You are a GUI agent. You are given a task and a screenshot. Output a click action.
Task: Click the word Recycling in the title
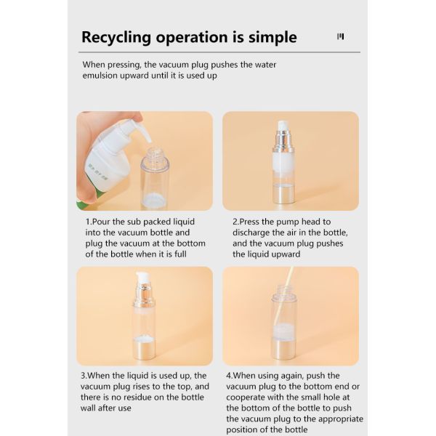[x=116, y=38]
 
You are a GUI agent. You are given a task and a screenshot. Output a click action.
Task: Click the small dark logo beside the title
[x=340, y=36]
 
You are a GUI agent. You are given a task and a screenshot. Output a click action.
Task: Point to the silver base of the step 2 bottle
[x=283, y=194]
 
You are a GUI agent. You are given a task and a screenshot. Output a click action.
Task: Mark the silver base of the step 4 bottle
[x=283, y=350]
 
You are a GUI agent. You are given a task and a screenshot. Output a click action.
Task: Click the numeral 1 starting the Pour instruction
[x=87, y=222]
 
